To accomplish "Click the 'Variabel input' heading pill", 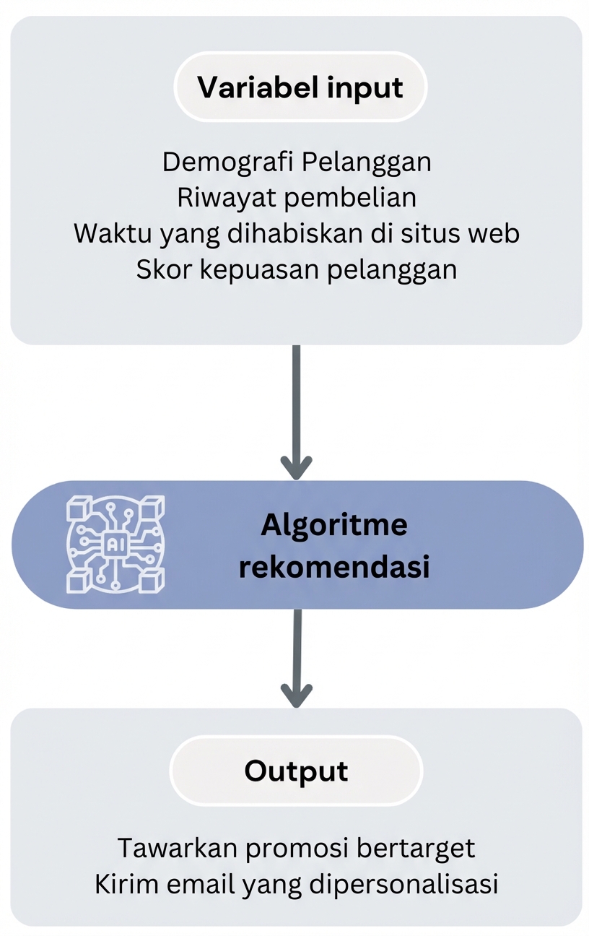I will (300, 87).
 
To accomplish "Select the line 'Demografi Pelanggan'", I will (297, 162).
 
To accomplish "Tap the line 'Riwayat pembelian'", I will (297, 197).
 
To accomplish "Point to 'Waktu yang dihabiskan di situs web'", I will (297, 233).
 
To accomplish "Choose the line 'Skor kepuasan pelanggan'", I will (297, 269).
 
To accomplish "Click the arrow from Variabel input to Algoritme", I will (296, 412).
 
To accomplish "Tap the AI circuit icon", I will (115, 545).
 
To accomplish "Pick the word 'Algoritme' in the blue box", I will (333, 525).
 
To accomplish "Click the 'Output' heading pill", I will (296, 771).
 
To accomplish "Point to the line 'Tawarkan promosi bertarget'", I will (297, 848).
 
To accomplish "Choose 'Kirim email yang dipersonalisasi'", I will (297, 884).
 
